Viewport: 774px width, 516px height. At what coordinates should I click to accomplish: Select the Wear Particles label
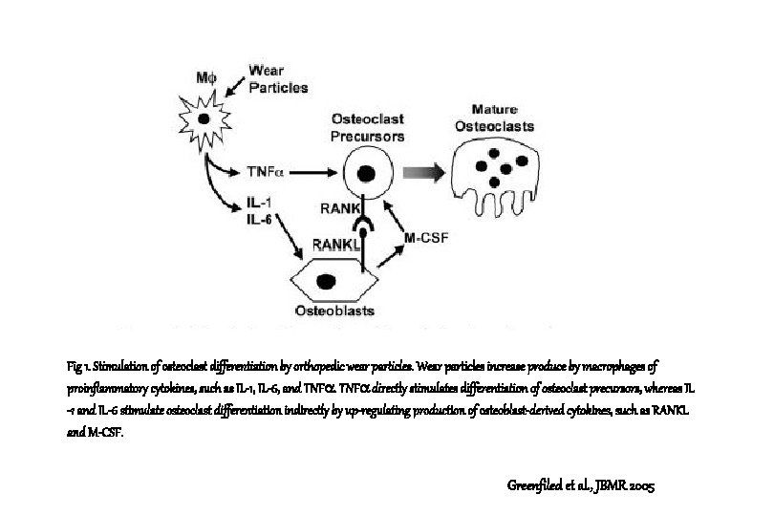(x=278, y=78)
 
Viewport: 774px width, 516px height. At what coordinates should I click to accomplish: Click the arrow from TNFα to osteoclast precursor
(x=315, y=173)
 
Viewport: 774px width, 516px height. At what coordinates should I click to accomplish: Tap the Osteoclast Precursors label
(x=368, y=127)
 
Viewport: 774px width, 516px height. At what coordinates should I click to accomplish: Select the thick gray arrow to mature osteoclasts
(x=426, y=173)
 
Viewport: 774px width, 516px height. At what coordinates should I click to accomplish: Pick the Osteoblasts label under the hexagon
(x=333, y=312)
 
